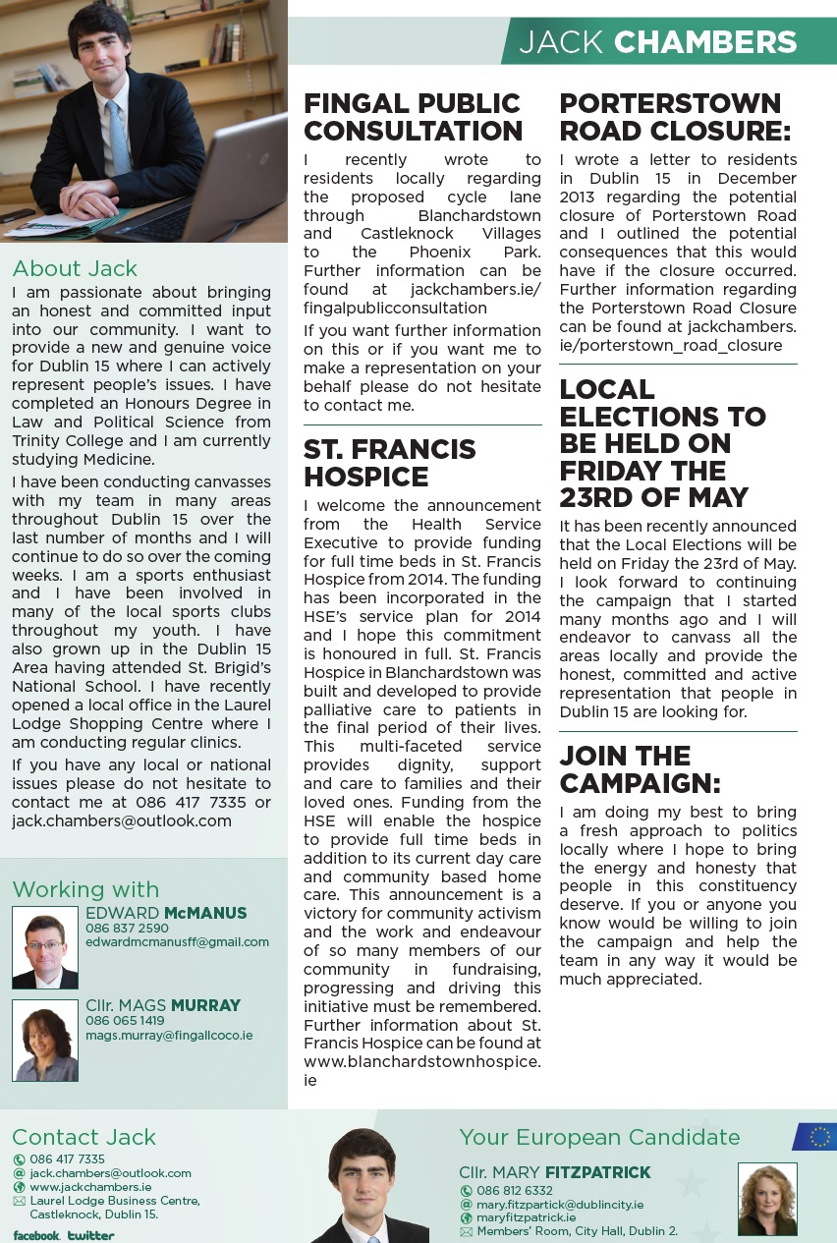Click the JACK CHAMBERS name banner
[x=657, y=42]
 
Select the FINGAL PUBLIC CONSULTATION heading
[x=413, y=117]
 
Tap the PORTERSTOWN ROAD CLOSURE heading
[x=674, y=117]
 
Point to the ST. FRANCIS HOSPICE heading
[x=389, y=463]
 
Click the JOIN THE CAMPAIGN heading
[x=640, y=769]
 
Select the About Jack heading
[x=75, y=269]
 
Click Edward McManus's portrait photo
[x=45, y=947]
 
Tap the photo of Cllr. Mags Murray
[x=45, y=1041]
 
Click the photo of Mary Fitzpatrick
[x=767, y=1199]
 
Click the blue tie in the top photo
[x=119, y=139]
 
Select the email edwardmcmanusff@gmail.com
[x=177, y=942]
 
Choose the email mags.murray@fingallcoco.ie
[x=169, y=1036]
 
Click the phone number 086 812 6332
[x=514, y=1191]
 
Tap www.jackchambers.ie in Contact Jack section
[x=90, y=1187]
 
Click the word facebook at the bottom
[x=35, y=1235]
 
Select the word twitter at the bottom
[x=91, y=1235]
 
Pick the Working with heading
[x=85, y=889]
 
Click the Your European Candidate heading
[x=599, y=1137]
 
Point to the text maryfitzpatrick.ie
[x=526, y=1217]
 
